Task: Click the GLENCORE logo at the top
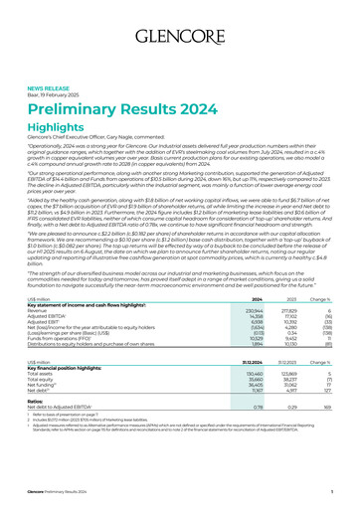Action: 180,19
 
